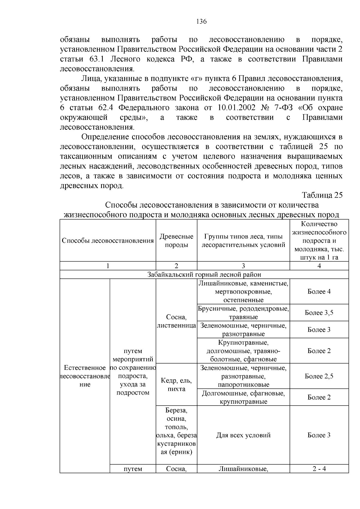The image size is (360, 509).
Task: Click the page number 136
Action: (202, 22)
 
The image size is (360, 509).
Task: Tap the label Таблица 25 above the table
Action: (322, 195)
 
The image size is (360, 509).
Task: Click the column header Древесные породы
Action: (176, 241)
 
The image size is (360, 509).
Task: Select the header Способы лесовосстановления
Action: (108, 241)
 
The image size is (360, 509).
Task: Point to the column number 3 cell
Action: (243, 266)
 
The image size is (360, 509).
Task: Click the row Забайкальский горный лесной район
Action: (204, 274)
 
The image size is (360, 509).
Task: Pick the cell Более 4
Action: (319, 292)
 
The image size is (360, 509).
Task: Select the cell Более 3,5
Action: (319, 313)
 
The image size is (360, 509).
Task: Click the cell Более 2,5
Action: (319, 376)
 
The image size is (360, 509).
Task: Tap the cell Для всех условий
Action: (243, 435)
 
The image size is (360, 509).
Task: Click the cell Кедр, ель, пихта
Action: (176, 385)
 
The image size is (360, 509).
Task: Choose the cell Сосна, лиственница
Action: (176, 321)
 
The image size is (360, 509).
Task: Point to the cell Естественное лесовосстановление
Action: (85, 376)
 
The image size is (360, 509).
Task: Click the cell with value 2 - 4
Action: (319, 469)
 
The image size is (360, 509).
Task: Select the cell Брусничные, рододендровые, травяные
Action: (243, 313)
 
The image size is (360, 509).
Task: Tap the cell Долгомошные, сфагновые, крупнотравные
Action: (243, 397)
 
